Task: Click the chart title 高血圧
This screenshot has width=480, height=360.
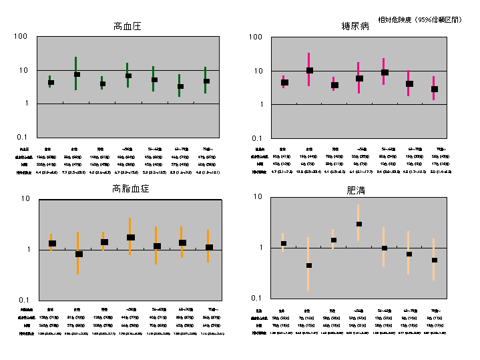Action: point(127,27)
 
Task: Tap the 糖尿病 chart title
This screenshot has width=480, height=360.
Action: point(355,27)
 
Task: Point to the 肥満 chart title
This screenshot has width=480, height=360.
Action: point(356,190)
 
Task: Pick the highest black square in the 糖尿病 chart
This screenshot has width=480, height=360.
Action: point(309,70)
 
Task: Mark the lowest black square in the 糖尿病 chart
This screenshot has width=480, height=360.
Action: point(434,89)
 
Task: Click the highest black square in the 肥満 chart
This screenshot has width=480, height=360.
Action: point(359,224)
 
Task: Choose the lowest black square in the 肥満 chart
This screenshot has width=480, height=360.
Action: point(308,265)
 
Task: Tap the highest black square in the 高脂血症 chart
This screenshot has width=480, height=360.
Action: point(131,237)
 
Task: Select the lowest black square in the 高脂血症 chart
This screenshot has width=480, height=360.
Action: point(79,254)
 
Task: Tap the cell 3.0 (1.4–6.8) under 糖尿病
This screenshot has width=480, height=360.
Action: point(435,172)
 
